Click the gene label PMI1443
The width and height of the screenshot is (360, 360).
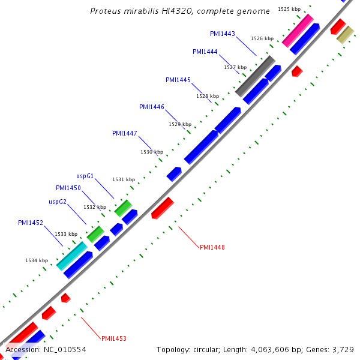223,34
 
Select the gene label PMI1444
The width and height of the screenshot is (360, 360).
205,52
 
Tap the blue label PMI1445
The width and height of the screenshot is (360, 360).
178,80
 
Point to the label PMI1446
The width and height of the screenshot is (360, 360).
152,107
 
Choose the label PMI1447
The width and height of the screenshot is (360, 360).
125,133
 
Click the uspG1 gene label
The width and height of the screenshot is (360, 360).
85,176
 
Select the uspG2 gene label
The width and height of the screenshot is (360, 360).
58,202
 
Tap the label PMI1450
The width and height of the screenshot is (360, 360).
68,188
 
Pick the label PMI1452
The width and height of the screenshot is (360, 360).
31,223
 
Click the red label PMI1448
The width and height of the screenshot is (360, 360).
212,247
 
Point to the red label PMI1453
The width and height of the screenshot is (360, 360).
114,338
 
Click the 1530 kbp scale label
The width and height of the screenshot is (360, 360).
152,152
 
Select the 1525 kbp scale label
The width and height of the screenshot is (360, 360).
290,9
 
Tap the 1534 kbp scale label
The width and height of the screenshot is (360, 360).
37,260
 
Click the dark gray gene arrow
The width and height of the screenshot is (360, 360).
255,76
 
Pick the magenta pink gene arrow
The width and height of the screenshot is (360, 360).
298,31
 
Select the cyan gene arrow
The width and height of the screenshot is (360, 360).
72,256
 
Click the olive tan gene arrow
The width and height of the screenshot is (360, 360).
345,35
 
